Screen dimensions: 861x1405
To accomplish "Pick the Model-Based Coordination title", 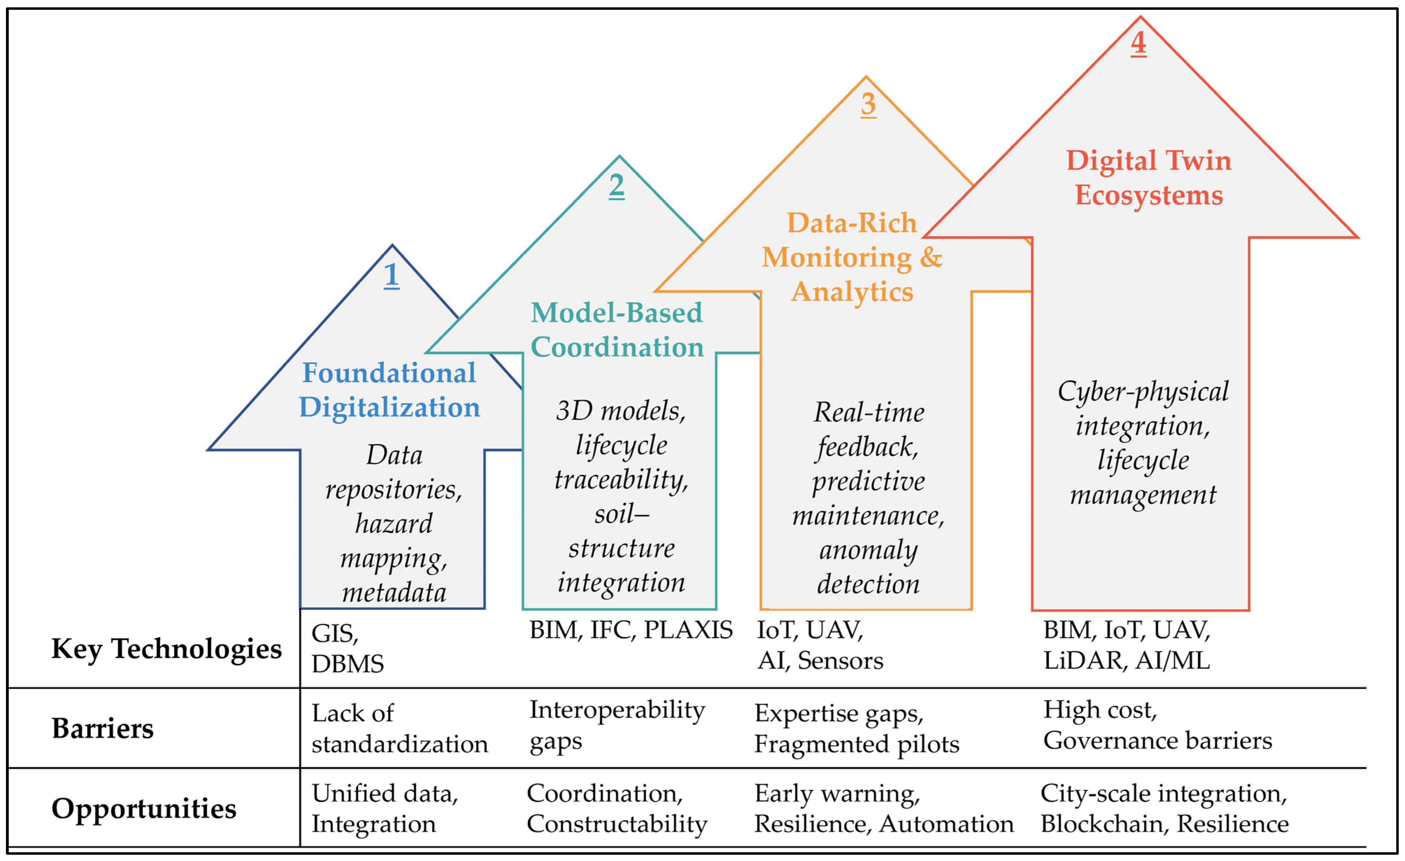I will click(617, 330).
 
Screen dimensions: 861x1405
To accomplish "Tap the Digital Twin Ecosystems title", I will click(1148, 177).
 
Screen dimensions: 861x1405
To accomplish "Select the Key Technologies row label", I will click(166, 649).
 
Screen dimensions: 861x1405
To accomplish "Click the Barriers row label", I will click(103, 728).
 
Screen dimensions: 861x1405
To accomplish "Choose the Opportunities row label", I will click(144, 809).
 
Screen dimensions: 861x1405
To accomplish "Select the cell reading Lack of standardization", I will click(399, 728).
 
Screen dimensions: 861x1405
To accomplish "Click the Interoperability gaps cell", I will click(617, 725).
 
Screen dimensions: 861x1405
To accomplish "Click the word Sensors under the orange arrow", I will click(840, 661).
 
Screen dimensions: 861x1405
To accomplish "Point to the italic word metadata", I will click(394, 593).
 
